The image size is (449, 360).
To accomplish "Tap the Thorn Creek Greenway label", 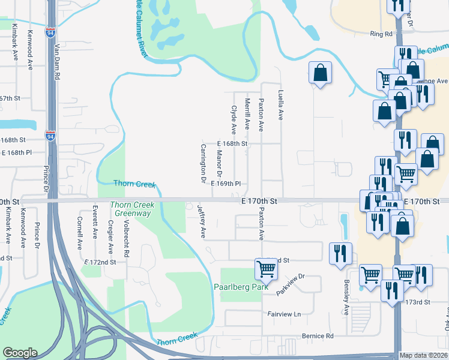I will (132, 208).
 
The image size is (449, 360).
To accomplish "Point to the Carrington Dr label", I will (203, 163).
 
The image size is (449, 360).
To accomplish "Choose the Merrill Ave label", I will (247, 115).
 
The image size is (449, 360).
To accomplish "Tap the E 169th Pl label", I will (226, 184).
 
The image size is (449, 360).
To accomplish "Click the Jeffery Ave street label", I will (202, 221).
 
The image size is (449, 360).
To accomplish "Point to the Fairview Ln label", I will (283, 314).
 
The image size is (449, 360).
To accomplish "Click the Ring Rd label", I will (381, 34).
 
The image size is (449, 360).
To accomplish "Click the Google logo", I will (20, 353).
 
